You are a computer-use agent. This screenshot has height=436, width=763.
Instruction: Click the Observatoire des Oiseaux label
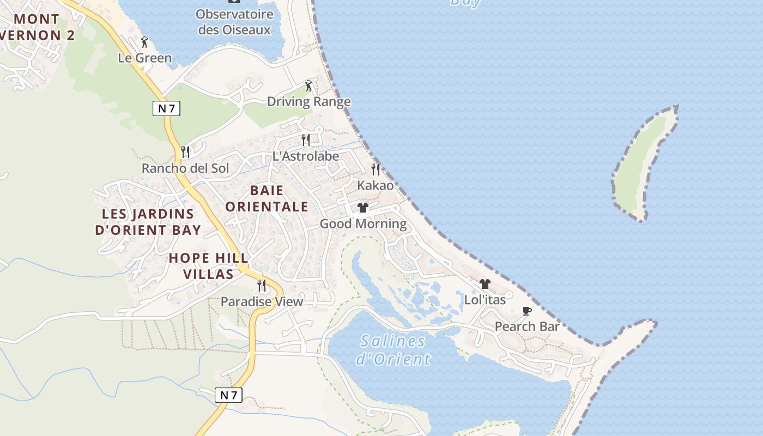[234, 22]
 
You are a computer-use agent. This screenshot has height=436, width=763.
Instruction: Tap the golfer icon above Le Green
[144, 42]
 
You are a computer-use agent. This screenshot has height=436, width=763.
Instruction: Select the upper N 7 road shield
[166, 108]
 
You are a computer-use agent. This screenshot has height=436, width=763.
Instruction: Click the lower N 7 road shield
[228, 395]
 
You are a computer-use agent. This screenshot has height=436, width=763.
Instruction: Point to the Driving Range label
[308, 102]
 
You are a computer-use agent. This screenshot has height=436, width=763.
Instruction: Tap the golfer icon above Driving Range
[308, 86]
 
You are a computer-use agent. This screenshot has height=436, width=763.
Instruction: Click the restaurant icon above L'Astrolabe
[306, 140]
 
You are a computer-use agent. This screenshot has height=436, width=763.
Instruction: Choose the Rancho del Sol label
[185, 168]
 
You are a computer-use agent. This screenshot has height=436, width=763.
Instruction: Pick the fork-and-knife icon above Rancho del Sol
[185, 152]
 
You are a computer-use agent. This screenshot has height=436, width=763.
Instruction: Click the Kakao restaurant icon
[376, 169]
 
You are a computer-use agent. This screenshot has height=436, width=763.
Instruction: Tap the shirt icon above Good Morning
[363, 208]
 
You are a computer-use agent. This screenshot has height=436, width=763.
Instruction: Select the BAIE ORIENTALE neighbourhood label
[267, 198]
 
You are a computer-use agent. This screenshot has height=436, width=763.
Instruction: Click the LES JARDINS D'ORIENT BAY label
[148, 222]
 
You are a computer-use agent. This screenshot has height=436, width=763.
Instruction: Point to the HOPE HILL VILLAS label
[209, 266]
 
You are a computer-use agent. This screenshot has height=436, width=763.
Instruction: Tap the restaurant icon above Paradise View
[262, 285]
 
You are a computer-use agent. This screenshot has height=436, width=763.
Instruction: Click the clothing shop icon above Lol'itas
[485, 284]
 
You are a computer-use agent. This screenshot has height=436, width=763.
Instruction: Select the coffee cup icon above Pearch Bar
[527, 311]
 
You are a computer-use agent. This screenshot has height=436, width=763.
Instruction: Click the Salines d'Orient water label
[393, 350]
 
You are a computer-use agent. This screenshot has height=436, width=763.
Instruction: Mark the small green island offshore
[643, 163]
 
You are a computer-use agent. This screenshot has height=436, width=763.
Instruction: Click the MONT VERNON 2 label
[37, 27]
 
